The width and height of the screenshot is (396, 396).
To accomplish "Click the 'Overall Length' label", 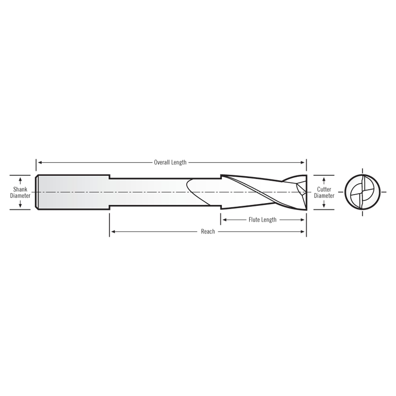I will pos(170,162).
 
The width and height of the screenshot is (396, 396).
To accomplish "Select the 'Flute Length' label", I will pos(262,220).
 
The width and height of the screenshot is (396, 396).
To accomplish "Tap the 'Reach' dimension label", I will pos(208,231).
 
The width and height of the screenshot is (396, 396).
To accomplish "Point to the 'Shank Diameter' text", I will pos(20,192).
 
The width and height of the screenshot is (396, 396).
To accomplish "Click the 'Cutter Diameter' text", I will pos(324,192).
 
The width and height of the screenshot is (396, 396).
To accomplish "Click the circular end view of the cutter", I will pos(362,192).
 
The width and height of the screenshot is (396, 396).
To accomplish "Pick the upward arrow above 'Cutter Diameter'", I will pos(324,179).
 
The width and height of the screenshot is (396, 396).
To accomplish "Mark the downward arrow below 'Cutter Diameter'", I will pos(324,205).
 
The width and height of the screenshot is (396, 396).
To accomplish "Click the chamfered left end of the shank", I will pos(37,192).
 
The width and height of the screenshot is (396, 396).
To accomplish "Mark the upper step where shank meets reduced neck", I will pos(110,177).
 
